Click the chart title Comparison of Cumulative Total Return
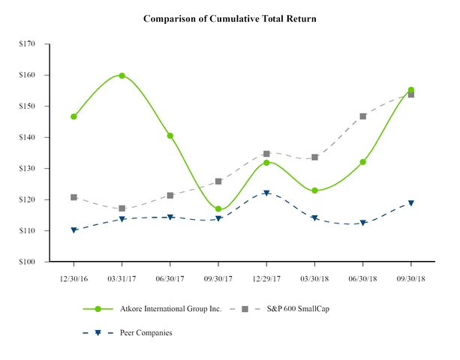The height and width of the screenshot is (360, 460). click(230, 18)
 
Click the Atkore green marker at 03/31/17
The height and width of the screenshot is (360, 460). click(122, 76)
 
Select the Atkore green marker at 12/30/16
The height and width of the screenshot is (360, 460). click(74, 117)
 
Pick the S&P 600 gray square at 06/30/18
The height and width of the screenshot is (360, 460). click(363, 116)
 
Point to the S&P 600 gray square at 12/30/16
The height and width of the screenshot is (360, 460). click(74, 197)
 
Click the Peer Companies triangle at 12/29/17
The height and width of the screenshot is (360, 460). click(266, 193)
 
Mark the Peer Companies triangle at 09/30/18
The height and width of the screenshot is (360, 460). click(411, 203)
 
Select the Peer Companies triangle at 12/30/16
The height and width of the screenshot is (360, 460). click(74, 230)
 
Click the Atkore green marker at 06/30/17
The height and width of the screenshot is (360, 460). click(170, 136)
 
